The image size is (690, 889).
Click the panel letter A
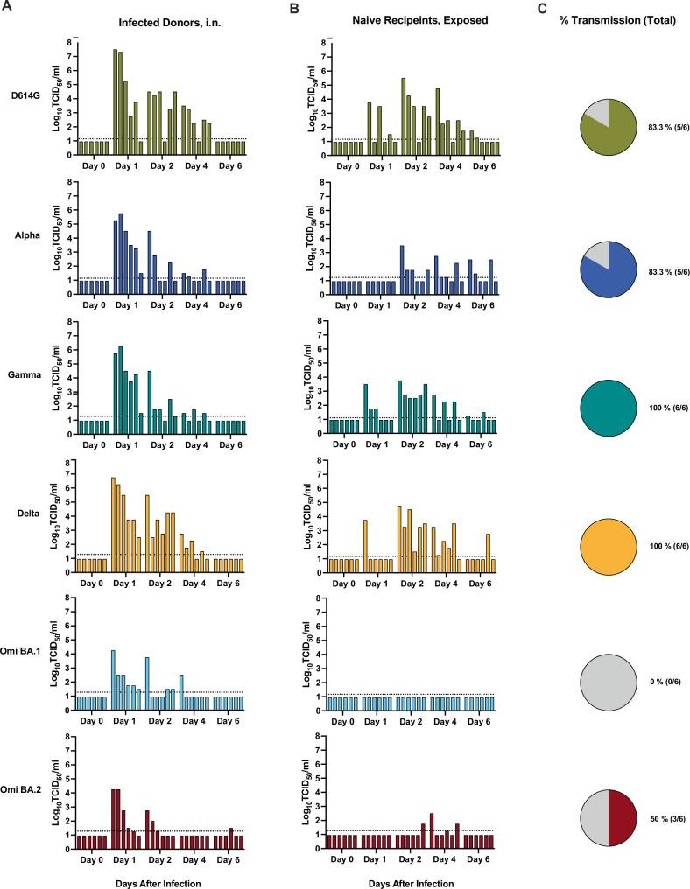[x=6, y=8]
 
